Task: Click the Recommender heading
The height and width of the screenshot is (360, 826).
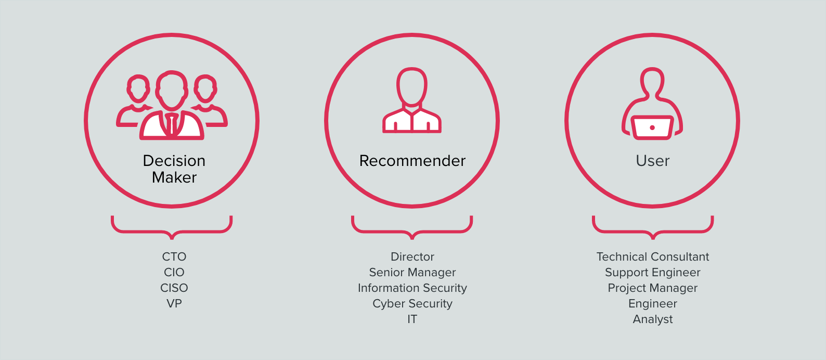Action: point(412,161)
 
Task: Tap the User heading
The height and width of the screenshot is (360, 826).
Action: point(652,161)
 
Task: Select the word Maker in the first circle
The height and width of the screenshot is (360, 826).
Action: point(174,177)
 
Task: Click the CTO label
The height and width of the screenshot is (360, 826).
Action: point(174,256)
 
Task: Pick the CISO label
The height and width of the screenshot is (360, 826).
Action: point(174,288)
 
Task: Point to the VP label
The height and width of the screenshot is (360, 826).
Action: point(174,304)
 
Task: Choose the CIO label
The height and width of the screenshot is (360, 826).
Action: point(174,272)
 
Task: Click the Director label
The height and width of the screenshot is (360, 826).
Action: point(412,256)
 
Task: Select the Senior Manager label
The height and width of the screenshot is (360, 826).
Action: point(412,272)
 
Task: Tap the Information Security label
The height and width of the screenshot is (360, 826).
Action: point(412,288)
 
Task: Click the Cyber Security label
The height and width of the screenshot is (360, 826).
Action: point(412,304)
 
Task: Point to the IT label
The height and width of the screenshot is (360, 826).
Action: point(412,319)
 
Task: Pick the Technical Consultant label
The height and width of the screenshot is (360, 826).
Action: point(653,256)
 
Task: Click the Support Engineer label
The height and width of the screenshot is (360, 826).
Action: point(653,272)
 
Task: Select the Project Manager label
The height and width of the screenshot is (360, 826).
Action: point(653,288)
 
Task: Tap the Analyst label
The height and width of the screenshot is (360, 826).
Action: point(653,319)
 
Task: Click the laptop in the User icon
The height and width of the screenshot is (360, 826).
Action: point(652,127)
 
